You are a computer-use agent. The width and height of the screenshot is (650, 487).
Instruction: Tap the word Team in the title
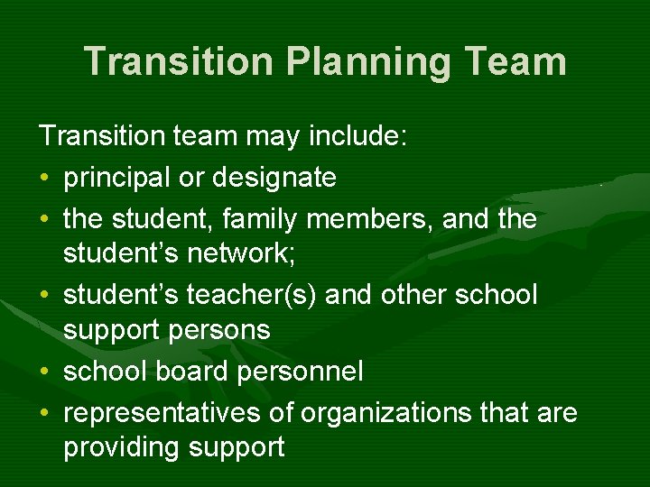pyautogui.click(x=515, y=61)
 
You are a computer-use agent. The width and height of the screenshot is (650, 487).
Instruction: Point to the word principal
pyautogui.click(x=117, y=178)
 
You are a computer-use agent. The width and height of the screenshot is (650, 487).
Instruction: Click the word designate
pyautogui.click(x=274, y=178)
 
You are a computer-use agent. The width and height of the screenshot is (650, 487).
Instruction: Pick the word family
pyautogui.click(x=271, y=218)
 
